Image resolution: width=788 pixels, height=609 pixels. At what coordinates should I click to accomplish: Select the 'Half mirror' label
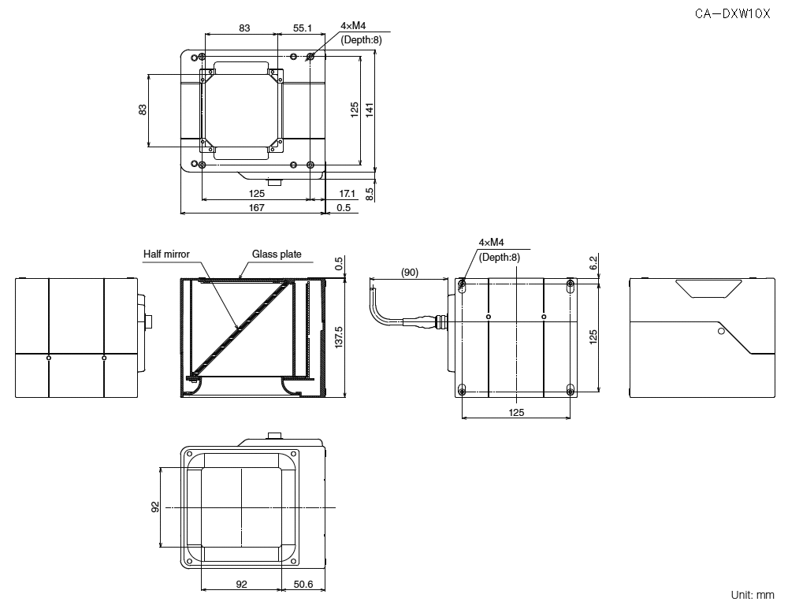[166, 254]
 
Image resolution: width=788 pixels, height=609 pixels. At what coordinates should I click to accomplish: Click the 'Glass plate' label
[277, 254]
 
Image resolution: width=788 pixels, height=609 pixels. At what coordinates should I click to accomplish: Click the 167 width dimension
[256, 207]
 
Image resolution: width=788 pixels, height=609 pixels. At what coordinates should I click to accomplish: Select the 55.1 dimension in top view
[303, 28]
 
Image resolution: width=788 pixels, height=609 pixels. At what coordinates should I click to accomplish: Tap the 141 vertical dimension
[370, 110]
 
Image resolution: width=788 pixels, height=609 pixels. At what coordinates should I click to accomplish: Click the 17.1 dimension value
[347, 193]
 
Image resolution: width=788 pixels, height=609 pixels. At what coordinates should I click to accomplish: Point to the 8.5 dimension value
[370, 192]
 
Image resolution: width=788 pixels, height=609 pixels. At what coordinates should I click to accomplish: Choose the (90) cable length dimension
[409, 273]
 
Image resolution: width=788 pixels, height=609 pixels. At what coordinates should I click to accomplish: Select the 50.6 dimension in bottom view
[303, 584]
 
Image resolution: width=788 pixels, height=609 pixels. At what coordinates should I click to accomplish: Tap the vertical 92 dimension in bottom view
[155, 507]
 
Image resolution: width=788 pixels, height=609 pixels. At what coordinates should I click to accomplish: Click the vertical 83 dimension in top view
[143, 110]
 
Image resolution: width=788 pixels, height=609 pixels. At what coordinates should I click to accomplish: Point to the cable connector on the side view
[433, 321]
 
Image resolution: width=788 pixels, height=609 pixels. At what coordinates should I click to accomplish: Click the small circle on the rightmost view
[720, 332]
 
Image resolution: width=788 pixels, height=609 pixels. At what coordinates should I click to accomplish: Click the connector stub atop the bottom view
[276, 435]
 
